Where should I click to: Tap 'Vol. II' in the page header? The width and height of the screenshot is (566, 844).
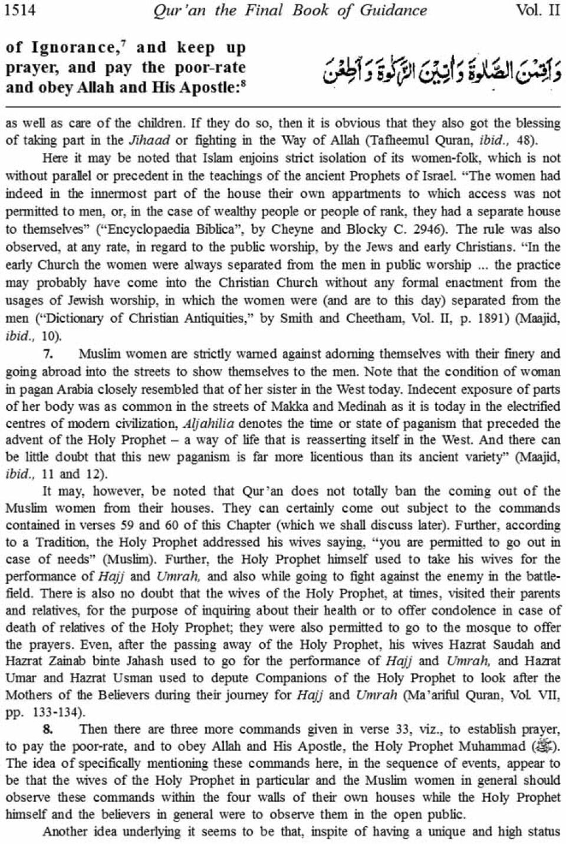tap(537, 11)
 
